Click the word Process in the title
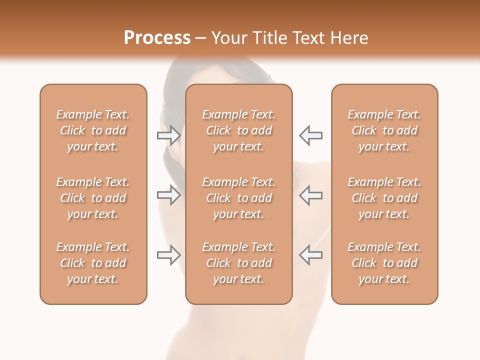point(157,38)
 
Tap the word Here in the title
point(350,38)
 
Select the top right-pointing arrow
point(168,135)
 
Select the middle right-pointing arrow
point(168,194)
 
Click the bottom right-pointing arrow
point(168,255)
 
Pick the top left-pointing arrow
point(311,135)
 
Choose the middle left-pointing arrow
point(311,194)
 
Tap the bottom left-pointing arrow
point(311,255)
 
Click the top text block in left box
point(93,130)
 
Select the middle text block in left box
point(93,198)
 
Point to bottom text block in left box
point(93,263)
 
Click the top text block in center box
point(238,130)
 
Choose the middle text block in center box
point(238,198)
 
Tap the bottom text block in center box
point(238,263)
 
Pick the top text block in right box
point(384,130)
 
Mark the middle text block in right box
point(384,198)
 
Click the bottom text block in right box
point(384,263)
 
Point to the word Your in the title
point(229,38)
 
